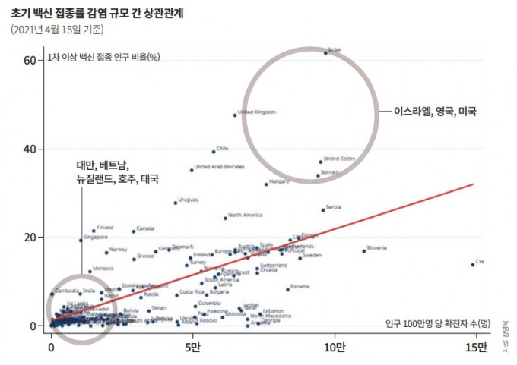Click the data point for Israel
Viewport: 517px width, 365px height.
[325, 52]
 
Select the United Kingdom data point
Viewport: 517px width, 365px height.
[235, 115]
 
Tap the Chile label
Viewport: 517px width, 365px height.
[222, 149]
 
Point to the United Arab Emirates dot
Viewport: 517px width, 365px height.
[192, 170]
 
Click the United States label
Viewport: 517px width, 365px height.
[339, 159]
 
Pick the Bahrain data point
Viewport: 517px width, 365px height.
[318, 176]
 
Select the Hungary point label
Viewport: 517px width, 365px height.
[279, 181]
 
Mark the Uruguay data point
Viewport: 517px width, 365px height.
[175, 203]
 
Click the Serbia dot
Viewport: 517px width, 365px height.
[322, 209]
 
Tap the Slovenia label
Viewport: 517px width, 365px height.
[376, 248]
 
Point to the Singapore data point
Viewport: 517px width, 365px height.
[81, 240]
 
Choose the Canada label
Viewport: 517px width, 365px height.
[145, 228]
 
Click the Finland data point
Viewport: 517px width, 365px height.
[94, 230]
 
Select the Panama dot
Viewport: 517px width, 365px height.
[287, 289]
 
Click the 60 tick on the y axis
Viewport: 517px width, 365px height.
[30, 60]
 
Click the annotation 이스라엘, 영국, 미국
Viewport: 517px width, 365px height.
[435, 111]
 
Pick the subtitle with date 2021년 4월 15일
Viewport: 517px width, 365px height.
[58, 30]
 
